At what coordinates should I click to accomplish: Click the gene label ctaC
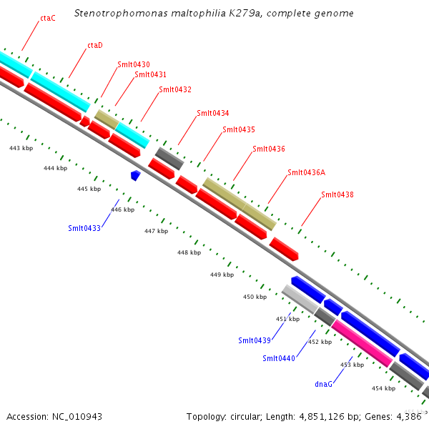coord(48,18)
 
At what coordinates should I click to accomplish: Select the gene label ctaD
coord(95,45)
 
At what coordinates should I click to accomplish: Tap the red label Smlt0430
coord(133,65)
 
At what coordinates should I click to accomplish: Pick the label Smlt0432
coord(175,89)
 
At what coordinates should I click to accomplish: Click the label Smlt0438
coord(337,194)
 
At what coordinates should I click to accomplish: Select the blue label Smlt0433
coord(84,228)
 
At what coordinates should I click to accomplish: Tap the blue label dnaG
coord(324,384)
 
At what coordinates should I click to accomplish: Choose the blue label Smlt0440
coord(279,358)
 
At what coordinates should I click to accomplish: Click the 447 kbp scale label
coord(156,231)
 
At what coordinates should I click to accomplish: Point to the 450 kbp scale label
coord(255,297)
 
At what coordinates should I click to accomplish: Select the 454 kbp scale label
coord(383,388)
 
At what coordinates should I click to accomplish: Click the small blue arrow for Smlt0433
coord(135,174)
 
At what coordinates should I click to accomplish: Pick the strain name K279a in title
coord(242,14)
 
